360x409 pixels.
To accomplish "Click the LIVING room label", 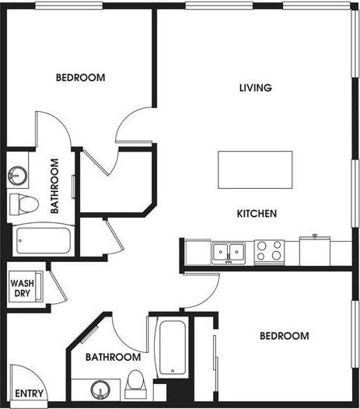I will [x=255, y=88].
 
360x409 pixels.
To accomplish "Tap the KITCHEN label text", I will [x=257, y=213].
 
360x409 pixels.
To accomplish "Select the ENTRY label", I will [x=29, y=393].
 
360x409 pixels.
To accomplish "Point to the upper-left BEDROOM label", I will [x=80, y=78].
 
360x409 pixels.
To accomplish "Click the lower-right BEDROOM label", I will [x=284, y=336].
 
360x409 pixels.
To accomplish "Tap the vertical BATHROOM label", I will [x=55, y=186].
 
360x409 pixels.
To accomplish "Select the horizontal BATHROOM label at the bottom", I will [x=113, y=357].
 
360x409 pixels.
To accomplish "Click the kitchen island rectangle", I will [x=256, y=170].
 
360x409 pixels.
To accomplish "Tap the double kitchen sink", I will [x=228, y=251].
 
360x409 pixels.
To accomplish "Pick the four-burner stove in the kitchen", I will [x=269, y=250].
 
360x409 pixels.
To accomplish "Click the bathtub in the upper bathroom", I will [x=44, y=240].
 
